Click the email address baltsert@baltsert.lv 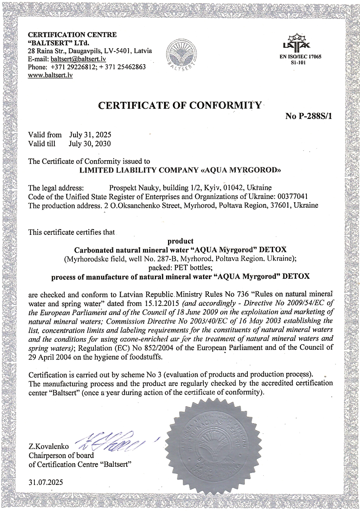[x=78, y=59]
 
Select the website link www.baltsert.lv [x=50, y=75]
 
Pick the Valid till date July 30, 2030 [x=90, y=144]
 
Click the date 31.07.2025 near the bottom [x=46, y=482]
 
